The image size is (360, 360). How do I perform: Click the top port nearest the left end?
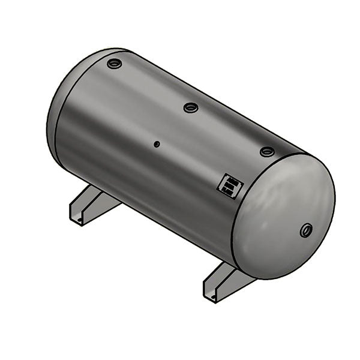coord(114,63)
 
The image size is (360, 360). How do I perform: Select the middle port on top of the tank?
coord(191,107)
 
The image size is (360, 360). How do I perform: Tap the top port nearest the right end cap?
coord(267,151)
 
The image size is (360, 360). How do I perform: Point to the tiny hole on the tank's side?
coord(157,144)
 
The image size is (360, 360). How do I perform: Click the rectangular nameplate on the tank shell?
coord(229,185)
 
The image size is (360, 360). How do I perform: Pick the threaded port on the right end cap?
coord(307,229)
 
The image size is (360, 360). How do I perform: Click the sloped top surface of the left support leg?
coord(96,199)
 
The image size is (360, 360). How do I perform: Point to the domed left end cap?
coord(54,114)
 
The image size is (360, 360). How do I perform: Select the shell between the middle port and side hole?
coord(174,126)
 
